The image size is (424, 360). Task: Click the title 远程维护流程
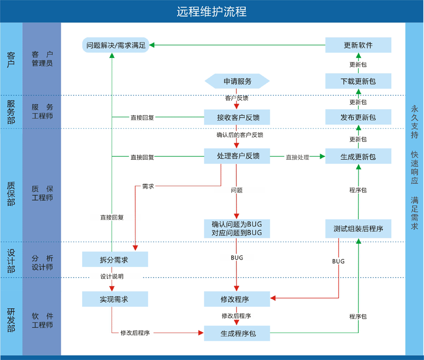pos(212,12)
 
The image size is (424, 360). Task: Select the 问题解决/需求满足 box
pos(116,46)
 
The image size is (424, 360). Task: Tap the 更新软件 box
pos(358,45)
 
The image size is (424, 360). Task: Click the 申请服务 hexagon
pos(236,82)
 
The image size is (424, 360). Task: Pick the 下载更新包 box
pos(358,82)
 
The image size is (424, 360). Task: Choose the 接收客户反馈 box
pos(236,117)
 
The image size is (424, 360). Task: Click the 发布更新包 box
pos(358,117)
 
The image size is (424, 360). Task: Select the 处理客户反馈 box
pos(236,156)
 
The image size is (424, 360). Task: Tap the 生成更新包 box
pos(358,157)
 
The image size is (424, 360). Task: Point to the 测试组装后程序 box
pos(358,228)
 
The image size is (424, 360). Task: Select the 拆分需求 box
pos(114,260)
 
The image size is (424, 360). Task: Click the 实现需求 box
pos(114,299)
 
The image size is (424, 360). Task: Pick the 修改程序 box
pos(236,299)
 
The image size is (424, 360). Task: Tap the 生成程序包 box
pos(236,333)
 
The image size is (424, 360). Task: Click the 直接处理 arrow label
pos(297,157)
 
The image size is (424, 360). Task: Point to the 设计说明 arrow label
pos(112,277)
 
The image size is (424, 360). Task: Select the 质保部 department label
pos(11,193)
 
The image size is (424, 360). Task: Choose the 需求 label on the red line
pos(148,186)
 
